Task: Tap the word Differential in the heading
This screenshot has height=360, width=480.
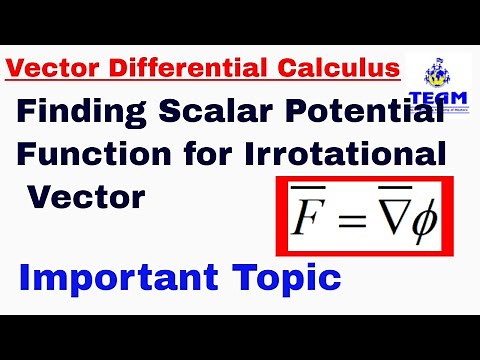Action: point(165,69)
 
